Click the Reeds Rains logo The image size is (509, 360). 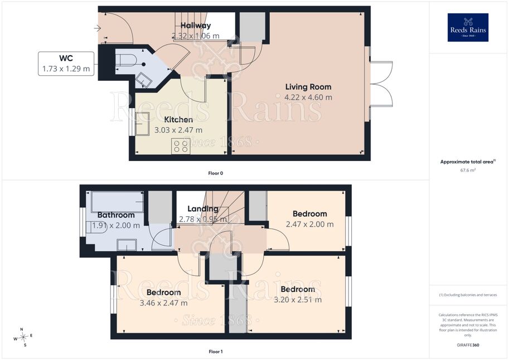[x=468, y=27]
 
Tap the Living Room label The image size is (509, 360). [x=308, y=87]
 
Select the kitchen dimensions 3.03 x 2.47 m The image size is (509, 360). [x=178, y=130]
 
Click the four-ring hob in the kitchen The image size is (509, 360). [x=181, y=146]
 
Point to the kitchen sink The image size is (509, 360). [x=142, y=124]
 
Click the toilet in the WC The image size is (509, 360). [x=126, y=60]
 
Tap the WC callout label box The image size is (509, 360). [x=66, y=64]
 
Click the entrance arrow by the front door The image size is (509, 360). [x=98, y=28]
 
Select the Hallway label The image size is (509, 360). [x=196, y=25]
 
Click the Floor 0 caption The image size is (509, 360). [x=216, y=173]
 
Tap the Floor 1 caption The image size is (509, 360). [x=216, y=352]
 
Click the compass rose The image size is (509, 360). [x=23, y=337]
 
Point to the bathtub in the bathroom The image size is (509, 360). [x=118, y=202]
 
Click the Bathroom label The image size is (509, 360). [x=116, y=215]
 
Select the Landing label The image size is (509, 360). [x=203, y=209]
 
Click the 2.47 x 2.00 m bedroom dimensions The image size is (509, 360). [x=309, y=225]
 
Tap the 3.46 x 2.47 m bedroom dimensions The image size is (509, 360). [x=163, y=303]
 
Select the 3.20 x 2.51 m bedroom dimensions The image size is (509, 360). [x=298, y=300]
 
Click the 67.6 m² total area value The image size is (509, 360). [x=468, y=170]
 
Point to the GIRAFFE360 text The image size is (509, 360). [x=468, y=345]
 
